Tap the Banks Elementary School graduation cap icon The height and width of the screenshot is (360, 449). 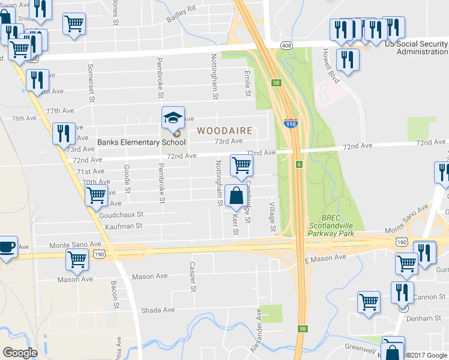tap(173, 117)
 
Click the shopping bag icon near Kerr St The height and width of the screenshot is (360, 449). tap(236, 196)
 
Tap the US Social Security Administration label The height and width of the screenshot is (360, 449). tap(415, 47)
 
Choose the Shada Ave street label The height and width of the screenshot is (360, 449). tap(157, 310)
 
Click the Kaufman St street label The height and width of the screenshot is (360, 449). tap(123, 226)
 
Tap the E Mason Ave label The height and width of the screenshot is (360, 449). tap(325, 257)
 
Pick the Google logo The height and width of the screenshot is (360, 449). tap(20, 353)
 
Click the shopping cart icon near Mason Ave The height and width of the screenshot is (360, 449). tap(77, 260)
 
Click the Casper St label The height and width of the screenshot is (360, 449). tap(193, 277)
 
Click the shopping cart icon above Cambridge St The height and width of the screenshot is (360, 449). tap(241, 165)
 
